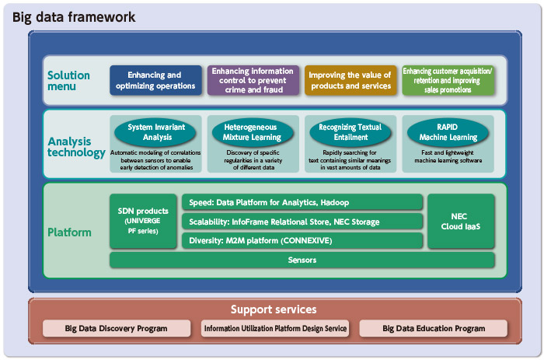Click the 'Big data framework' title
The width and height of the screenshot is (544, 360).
pyautogui.click(x=74, y=16)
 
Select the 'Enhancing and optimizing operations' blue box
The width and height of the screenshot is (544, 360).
pyautogui.click(x=155, y=80)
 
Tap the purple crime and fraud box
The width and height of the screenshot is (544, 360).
pyautogui.click(x=253, y=80)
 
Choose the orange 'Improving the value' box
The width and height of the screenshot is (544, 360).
pyautogui.click(x=350, y=80)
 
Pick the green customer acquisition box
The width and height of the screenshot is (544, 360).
pyautogui.click(x=448, y=80)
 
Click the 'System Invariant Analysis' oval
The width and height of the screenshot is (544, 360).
pyautogui.click(x=155, y=132)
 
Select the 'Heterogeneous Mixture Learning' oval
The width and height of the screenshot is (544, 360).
pyautogui.click(x=253, y=132)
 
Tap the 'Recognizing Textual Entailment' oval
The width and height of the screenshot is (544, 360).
pyautogui.click(x=350, y=132)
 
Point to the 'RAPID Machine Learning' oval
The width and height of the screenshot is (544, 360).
pyautogui.click(x=448, y=132)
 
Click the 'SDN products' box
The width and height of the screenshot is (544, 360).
pyautogui.click(x=143, y=221)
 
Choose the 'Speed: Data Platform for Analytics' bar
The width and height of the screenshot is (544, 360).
pyautogui.click(x=302, y=202)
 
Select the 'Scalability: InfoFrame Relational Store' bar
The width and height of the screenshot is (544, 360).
pyautogui.click(x=302, y=222)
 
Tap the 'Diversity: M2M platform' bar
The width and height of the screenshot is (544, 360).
pyautogui.click(x=302, y=240)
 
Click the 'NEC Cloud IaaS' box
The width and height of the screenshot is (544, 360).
pyautogui.click(x=461, y=221)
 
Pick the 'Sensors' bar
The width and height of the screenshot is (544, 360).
pyautogui.click(x=302, y=260)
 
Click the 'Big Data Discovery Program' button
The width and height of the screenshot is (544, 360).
pyautogui.click(x=117, y=328)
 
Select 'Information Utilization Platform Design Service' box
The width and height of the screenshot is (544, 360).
pyautogui.click(x=275, y=328)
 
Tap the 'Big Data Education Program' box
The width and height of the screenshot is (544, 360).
pyautogui.click(x=434, y=328)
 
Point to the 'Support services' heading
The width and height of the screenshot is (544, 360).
pyautogui.click(x=274, y=309)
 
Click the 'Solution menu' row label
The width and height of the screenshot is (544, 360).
pyautogui.click(x=68, y=81)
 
